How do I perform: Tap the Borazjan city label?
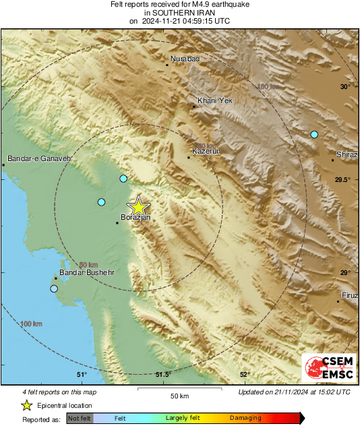tap(134, 218)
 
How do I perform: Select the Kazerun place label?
tap(206, 152)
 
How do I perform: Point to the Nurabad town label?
tap(185, 59)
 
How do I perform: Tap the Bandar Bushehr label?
tap(86, 272)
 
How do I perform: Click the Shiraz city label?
tap(347, 155)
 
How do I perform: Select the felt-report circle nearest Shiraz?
tap(314, 135)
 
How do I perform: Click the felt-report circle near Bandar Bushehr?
tap(54, 289)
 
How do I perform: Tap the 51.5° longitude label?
tap(164, 375)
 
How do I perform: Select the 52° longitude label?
tap(245, 375)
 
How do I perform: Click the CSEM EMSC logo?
tap(327, 368)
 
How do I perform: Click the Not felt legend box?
tap(80, 418)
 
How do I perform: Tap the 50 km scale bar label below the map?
tap(179, 395)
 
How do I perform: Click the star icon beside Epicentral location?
tap(26, 405)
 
